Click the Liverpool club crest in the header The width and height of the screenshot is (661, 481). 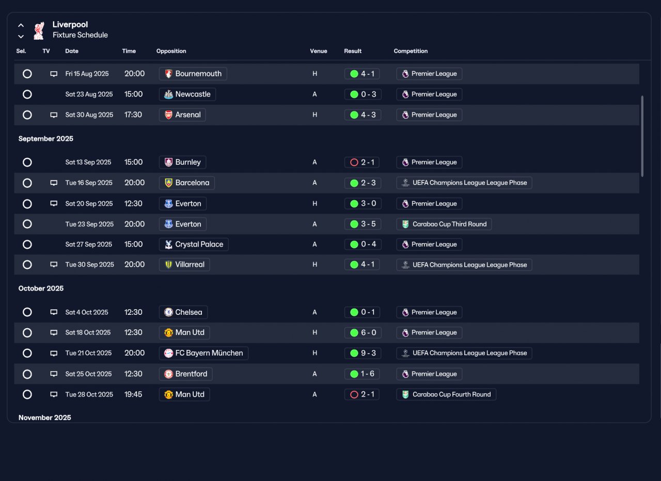[x=39, y=30]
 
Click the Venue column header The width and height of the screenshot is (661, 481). [x=319, y=51]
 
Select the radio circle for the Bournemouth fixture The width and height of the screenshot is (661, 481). [x=27, y=74]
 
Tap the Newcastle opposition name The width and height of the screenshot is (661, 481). [x=193, y=94]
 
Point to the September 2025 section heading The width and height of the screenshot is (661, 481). [x=46, y=139]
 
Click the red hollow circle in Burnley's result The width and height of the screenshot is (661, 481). [x=354, y=162]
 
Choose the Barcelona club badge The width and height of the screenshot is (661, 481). [x=168, y=183]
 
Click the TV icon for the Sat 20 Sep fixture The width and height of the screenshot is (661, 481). [x=54, y=203]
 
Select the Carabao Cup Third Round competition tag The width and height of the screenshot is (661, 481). [x=444, y=224]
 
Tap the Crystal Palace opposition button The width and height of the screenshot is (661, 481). [x=194, y=245]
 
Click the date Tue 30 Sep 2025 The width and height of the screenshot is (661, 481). [x=89, y=265]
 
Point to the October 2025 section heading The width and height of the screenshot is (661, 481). [x=41, y=288]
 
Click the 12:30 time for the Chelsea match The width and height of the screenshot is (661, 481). [x=133, y=312]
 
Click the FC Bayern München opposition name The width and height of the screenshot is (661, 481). [x=209, y=353]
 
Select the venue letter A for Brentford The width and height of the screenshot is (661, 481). [x=314, y=374]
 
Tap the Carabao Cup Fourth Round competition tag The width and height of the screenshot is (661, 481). [x=446, y=395]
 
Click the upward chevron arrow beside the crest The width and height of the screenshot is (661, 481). [x=21, y=25]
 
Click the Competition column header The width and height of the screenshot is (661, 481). [x=411, y=51]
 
